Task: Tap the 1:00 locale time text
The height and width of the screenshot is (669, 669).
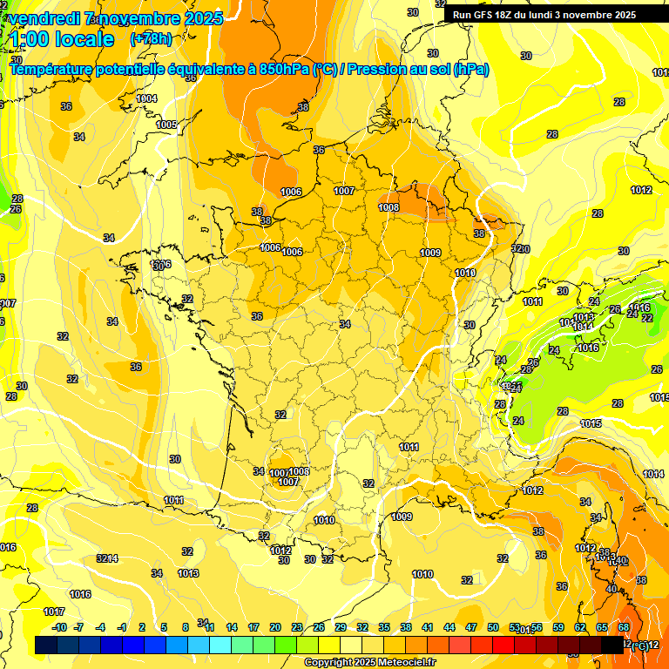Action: pyautogui.click(x=61, y=39)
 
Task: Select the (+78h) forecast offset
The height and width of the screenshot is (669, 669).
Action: pyautogui.click(x=151, y=39)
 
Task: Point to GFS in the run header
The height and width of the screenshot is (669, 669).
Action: pyautogui.click(x=484, y=15)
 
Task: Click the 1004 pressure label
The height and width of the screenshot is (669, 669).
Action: pyautogui.click(x=147, y=98)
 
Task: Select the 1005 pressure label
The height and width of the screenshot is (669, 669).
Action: pyautogui.click(x=166, y=125)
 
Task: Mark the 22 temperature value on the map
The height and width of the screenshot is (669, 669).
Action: pyautogui.click(x=646, y=318)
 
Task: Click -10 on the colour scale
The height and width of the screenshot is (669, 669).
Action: pyautogui.click(x=59, y=627)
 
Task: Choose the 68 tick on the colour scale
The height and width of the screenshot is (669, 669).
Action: pyautogui.click(x=624, y=627)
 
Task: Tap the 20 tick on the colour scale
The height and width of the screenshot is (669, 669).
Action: pyautogui.click(x=275, y=627)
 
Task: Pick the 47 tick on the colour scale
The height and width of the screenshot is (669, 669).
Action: pyautogui.click(x=471, y=627)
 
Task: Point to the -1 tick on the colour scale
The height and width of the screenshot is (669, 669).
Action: pyautogui.click(x=122, y=627)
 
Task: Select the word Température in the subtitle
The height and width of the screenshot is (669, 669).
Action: pyautogui.click(x=51, y=70)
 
